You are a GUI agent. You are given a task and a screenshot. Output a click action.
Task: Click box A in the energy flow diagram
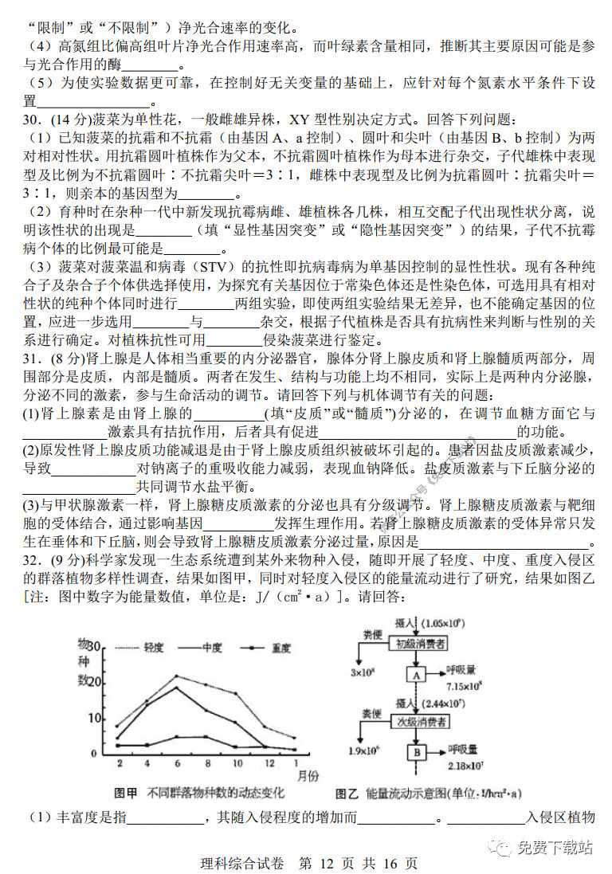point(416,674)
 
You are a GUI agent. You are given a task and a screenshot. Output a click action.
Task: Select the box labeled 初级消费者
point(416,643)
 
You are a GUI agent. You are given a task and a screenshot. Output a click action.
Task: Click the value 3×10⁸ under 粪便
point(363,672)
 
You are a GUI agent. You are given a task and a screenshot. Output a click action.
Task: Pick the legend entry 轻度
point(153,648)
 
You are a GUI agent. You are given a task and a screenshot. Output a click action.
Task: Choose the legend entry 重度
point(280,648)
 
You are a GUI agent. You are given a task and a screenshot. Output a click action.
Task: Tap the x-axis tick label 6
point(177,765)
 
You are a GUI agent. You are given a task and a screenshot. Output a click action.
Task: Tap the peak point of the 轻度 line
point(177,676)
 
